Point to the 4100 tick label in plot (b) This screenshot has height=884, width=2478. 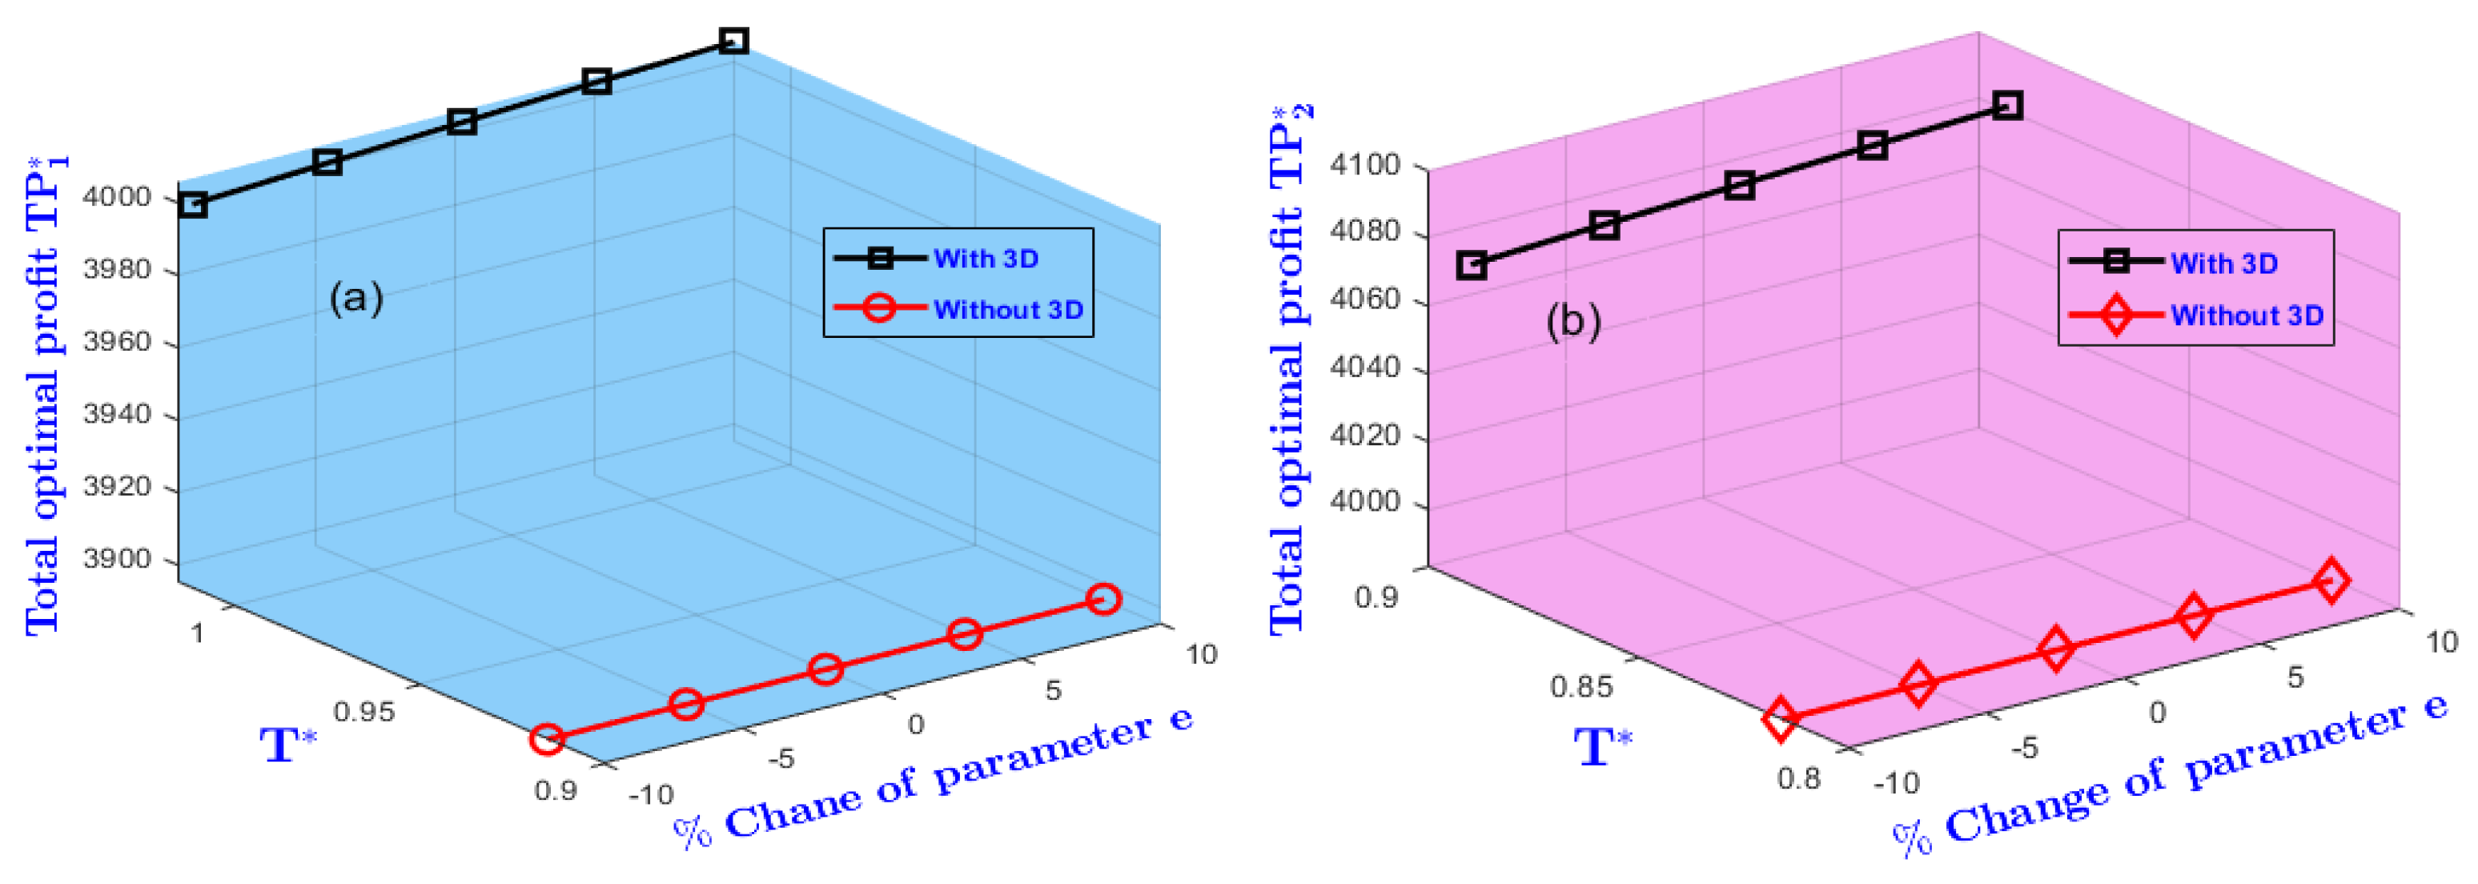pyautogui.click(x=1364, y=166)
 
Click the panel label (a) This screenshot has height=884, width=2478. pyautogui.click(x=356, y=297)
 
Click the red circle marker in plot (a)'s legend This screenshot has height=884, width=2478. pyautogui.click(x=879, y=309)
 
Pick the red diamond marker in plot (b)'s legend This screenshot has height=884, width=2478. pyautogui.click(x=2115, y=315)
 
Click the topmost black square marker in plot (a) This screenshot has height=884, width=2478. pyautogui.click(x=734, y=40)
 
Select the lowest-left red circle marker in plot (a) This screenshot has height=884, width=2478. pyautogui.click(x=546, y=740)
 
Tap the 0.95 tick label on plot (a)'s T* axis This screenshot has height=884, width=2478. pyautogui.click(x=363, y=712)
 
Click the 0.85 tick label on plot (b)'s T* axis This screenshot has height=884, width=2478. pyautogui.click(x=1580, y=687)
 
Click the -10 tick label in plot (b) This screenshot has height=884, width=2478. pyautogui.click(x=1896, y=783)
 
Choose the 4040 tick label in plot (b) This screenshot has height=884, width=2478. pyautogui.click(x=1364, y=368)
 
